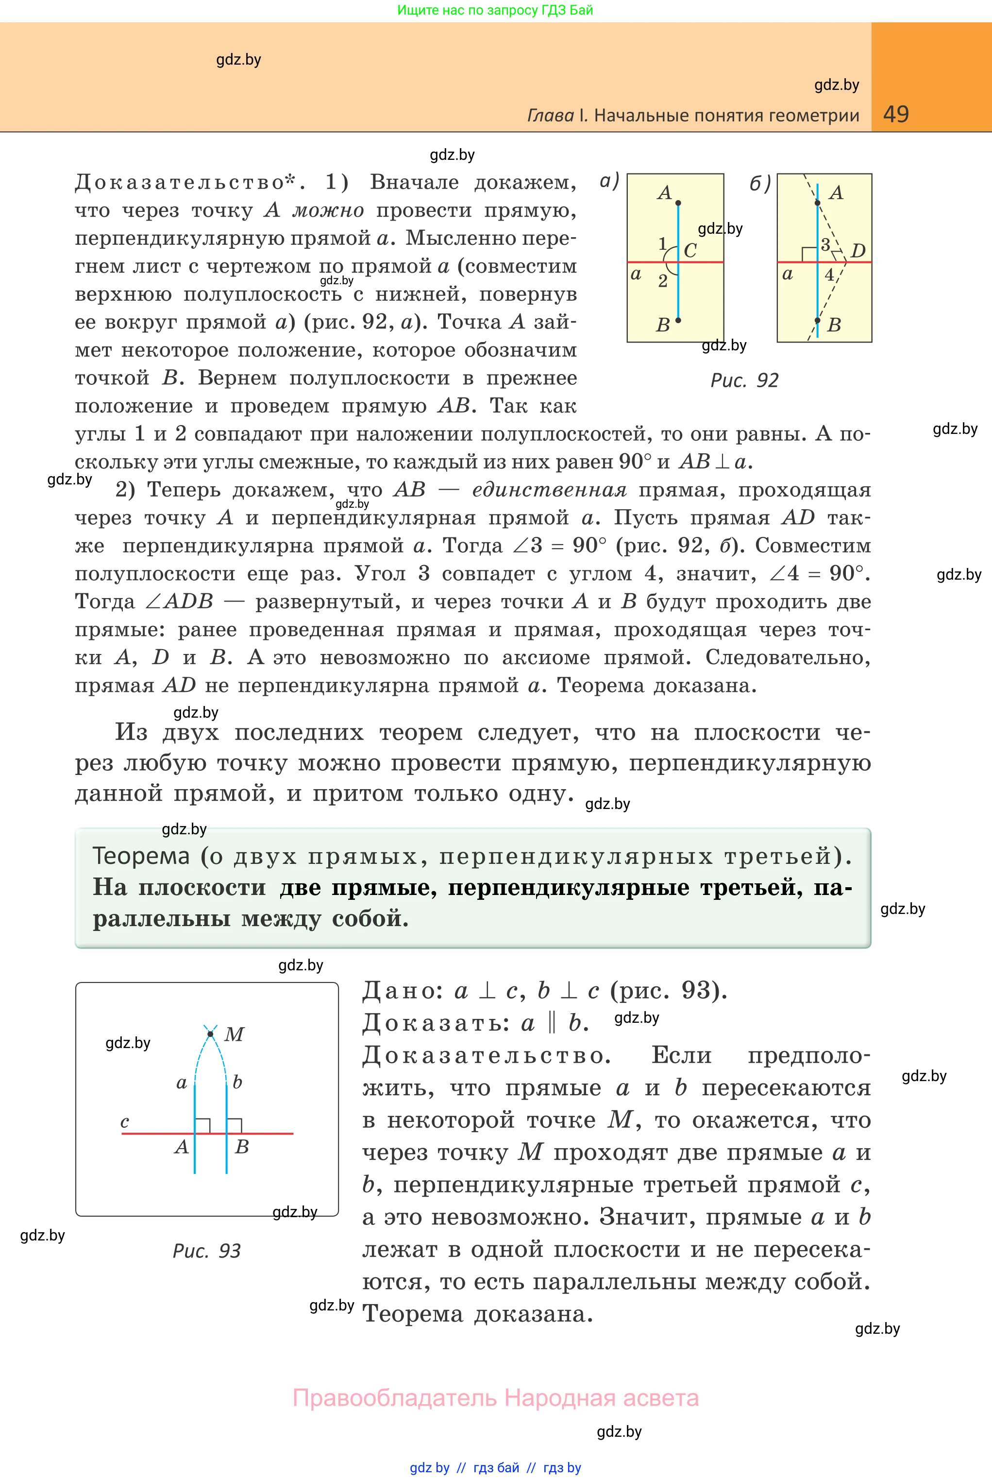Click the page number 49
[x=895, y=114]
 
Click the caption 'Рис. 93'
[x=206, y=1251]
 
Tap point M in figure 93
[x=211, y=1034]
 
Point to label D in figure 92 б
[x=858, y=251]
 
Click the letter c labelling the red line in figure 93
[x=125, y=1122]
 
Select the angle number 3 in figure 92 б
[x=825, y=245]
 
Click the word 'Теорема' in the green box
[x=141, y=856]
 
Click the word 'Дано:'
[x=403, y=991]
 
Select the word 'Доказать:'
[x=436, y=1023]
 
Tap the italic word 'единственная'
[x=549, y=490]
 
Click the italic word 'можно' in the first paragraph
[x=328, y=210]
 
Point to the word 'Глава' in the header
[x=551, y=115]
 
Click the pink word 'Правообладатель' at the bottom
[x=395, y=1398]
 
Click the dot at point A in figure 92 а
[x=678, y=203]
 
